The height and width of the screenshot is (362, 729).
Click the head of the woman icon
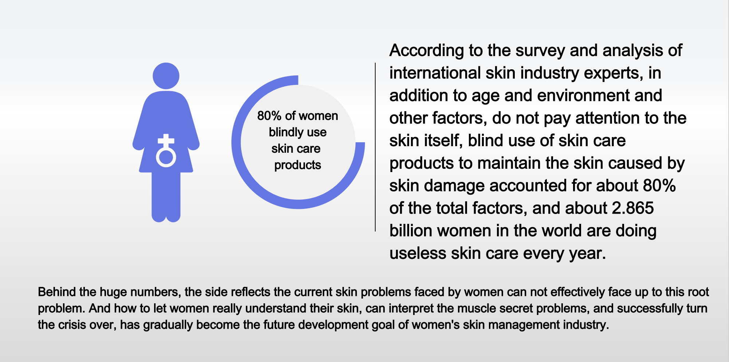166,76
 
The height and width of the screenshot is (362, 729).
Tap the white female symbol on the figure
166,151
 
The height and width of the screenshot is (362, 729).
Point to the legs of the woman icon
166,197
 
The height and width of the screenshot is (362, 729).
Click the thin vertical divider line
375,147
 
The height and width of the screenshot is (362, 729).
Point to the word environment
583,96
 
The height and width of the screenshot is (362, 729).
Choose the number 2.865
633,208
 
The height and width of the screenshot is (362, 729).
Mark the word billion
411,231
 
